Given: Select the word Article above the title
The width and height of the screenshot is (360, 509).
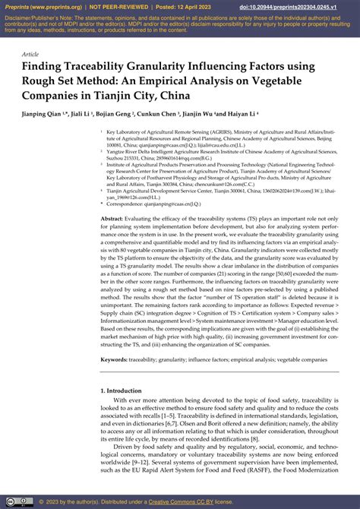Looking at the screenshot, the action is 30,54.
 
